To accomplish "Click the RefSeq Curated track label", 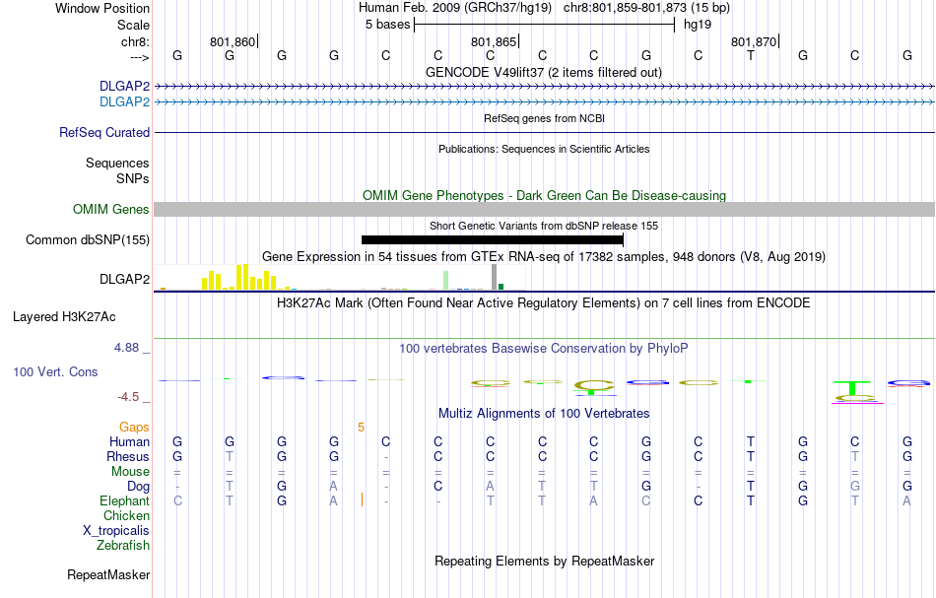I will (x=104, y=132).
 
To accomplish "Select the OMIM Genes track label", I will (x=111, y=209).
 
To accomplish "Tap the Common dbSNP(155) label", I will (x=88, y=239).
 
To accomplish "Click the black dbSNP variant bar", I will (x=493, y=239).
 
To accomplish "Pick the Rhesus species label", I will (x=128, y=457).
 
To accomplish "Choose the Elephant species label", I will (x=124, y=501).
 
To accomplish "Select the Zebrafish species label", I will (x=123, y=545).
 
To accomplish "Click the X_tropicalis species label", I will (x=116, y=530).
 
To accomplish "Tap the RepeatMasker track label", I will (x=108, y=574).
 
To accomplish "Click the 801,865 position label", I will (x=493, y=41).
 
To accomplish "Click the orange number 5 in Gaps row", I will (x=362, y=428).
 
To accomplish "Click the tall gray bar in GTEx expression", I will (x=494, y=277).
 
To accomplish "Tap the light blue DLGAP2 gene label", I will (x=124, y=101).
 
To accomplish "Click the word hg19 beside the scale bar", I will (x=697, y=25).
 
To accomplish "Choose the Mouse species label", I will (x=130, y=472).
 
